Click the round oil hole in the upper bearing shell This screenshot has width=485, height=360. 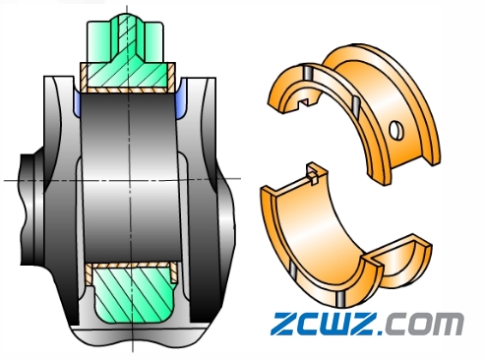tap(396, 130)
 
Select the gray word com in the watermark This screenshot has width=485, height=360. tap(424, 324)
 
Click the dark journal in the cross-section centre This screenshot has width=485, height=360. tap(130, 177)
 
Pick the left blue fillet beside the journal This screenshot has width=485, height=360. tap(78, 103)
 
